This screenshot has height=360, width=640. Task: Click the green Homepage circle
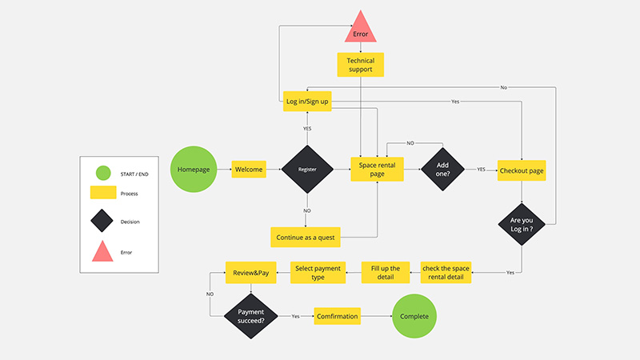[x=194, y=170]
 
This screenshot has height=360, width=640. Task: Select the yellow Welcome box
[x=249, y=170]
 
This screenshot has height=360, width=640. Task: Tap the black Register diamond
[x=307, y=170]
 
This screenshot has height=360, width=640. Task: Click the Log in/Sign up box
[x=308, y=102]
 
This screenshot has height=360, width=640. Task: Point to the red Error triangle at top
[x=360, y=29]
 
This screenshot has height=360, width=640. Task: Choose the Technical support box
[x=360, y=65]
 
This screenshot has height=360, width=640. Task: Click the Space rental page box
[x=378, y=170]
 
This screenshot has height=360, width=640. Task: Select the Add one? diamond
[x=442, y=170]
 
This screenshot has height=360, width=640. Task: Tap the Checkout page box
[x=522, y=170]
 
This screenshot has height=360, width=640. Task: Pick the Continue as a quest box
[x=307, y=237]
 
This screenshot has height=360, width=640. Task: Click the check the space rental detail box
[x=446, y=273]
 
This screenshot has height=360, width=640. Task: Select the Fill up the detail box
[x=385, y=273]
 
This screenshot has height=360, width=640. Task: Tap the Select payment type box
[x=318, y=273]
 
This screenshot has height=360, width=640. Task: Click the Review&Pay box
[x=251, y=273]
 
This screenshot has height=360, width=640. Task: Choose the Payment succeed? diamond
[x=251, y=316]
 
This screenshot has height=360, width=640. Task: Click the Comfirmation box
[x=337, y=316]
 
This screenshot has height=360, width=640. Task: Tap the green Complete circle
[x=414, y=316]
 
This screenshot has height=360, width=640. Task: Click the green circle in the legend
[x=102, y=172]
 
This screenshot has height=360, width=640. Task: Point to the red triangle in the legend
[x=102, y=252]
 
